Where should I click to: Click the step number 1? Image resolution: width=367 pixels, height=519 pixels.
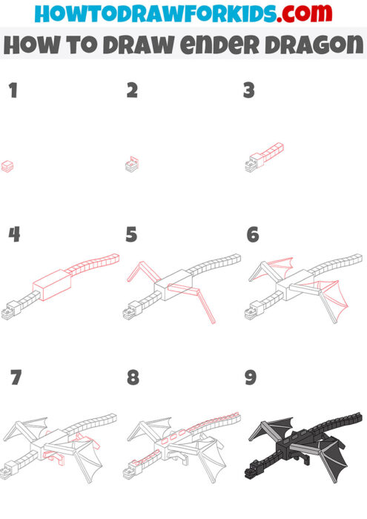(12, 92)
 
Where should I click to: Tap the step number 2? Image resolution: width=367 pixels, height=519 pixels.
(132, 92)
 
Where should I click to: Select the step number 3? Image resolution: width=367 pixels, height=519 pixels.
(249, 92)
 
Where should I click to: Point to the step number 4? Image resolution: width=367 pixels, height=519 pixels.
(13, 235)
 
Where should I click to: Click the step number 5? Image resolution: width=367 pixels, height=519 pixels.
(132, 235)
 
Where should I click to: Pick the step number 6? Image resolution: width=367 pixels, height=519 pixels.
(252, 235)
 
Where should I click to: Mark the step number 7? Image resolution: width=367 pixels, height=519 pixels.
(15, 378)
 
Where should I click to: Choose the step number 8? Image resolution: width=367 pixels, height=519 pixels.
(133, 378)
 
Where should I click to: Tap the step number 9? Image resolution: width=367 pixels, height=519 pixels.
(251, 378)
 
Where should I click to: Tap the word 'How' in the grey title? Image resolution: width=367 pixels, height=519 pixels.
(31, 44)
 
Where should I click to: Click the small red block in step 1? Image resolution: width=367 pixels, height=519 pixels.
(7, 165)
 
